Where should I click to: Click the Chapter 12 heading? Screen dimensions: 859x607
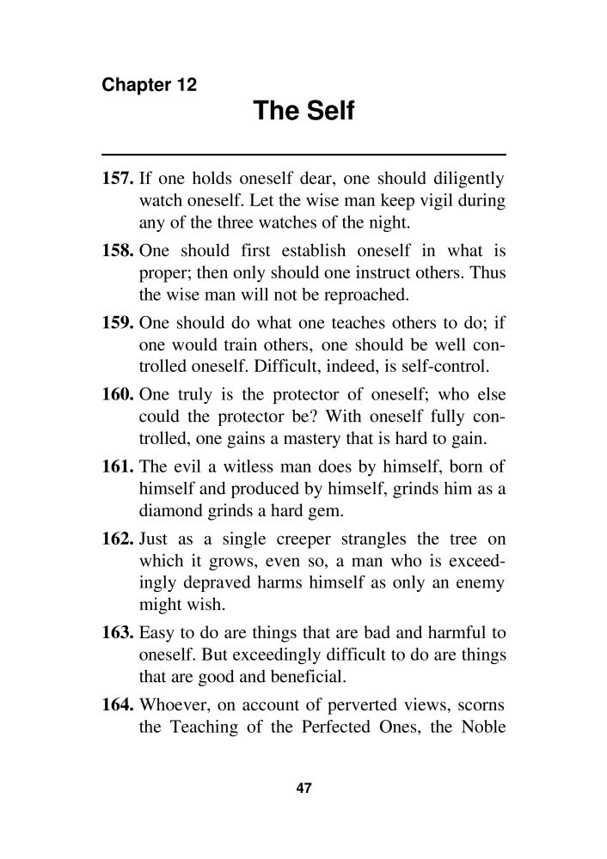coord(150,85)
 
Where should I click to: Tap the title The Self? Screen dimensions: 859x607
coord(303,112)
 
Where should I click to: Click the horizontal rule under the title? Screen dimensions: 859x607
coord(303,154)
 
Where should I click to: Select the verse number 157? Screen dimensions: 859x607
coord(118,181)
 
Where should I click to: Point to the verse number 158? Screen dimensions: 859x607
coord(118,252)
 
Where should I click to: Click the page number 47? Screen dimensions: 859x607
coord(303,789)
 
